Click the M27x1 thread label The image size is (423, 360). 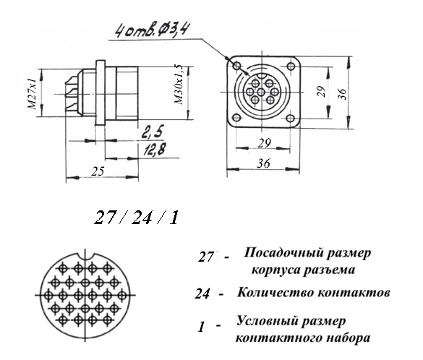pos(32,94)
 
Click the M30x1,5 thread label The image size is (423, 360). pos(179,85)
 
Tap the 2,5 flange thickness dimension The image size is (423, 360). pos(153,133)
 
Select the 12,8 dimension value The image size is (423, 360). pos(154,150)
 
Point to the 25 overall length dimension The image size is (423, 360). pos(98,171)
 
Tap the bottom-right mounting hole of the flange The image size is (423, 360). pos(290,118)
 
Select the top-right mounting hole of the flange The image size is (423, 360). pos(291,66)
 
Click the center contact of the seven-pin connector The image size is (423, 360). pos(261,93)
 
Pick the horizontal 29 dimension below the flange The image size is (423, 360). pos(265,143)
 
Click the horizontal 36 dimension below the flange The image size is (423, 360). pos(263,163)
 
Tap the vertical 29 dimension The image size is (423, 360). pos(322,92)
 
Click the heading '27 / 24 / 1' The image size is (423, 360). pos(136,218)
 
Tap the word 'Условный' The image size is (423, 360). pos(265,322)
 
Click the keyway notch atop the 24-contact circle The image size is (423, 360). pos(86,256)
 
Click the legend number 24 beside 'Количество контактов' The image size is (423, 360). pos(202,293)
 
